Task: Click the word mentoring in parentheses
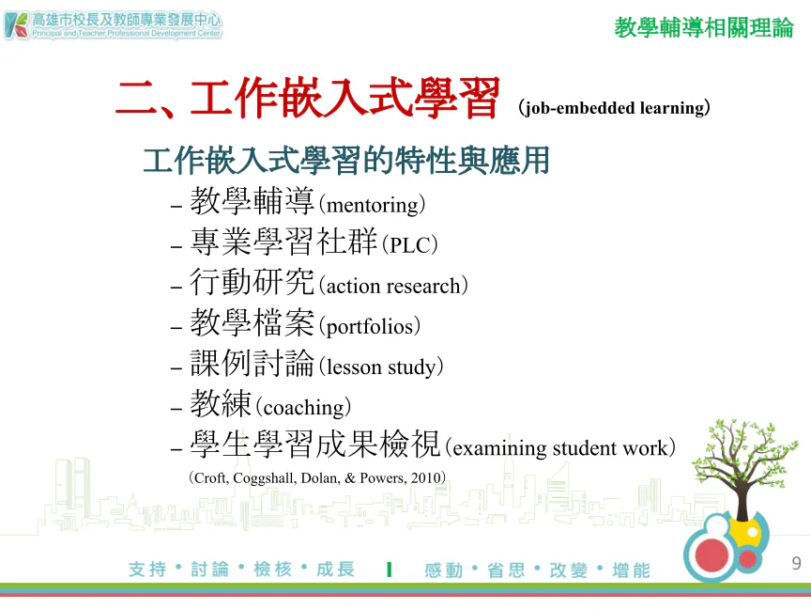373,206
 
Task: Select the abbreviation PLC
410,245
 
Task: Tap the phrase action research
393,286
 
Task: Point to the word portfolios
370,327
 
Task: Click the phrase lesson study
381,367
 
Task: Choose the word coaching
303,408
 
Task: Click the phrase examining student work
560,448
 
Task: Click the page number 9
796,563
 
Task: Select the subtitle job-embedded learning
614,108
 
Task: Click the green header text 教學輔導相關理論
704,27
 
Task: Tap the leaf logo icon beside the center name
16,26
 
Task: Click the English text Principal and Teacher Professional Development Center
127,33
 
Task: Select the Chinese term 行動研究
252,282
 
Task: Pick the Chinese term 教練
221,403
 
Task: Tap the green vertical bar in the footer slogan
389,570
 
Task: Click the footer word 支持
147,570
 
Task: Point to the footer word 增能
631,570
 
